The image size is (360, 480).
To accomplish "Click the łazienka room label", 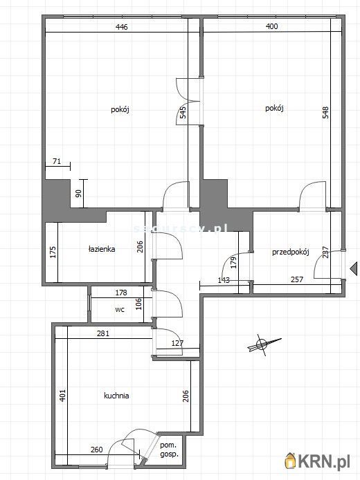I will click(x=102, y=250).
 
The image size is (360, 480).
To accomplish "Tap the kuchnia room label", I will click(x=116, y=396).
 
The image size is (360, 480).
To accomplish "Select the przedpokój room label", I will click(x=290, y=252).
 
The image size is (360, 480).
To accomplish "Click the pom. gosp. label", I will click(x=169, y=450).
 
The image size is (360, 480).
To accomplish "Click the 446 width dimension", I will click(x=121, y=27).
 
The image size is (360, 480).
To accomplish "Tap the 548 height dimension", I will click(x=325, y=113).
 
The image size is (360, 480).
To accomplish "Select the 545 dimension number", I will click(x=183, y=113).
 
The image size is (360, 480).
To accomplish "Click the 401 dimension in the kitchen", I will click(x=62, y=396).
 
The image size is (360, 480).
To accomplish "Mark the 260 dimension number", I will click(x=97, y=450).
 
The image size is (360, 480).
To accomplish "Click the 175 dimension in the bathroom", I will click(x=52, y=252).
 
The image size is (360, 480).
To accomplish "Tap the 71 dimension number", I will click(x=57, y=163).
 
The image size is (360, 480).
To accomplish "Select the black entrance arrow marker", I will click(x=353, y=268).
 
